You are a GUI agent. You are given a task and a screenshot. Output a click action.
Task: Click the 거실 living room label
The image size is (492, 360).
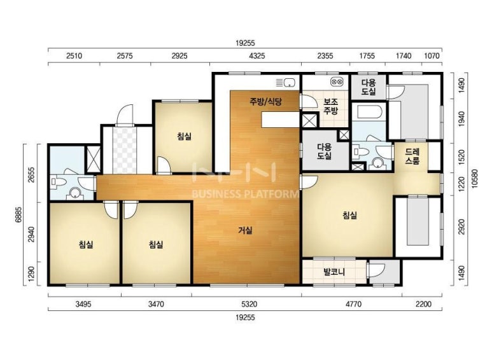click(245, 230)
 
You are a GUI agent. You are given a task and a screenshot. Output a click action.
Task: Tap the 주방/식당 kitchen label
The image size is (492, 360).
click(266, 101)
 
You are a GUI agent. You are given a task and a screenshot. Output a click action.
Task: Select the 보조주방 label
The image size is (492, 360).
click(330, 107)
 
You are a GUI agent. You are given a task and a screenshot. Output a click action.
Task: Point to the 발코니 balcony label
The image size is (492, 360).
click(334, 272)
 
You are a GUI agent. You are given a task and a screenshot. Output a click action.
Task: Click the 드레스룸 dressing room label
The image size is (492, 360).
click(412, 156)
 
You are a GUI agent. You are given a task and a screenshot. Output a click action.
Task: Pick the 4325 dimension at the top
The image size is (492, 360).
click(257, 56)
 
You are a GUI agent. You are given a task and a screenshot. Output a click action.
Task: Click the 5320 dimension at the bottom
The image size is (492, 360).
click(250, 304)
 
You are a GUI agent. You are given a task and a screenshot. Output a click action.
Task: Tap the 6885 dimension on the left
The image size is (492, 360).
click(18, 214)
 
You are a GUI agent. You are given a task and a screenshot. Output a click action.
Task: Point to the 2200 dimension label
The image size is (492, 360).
click(423, 304)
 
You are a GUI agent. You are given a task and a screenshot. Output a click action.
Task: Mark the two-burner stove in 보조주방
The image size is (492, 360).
click(337, 82)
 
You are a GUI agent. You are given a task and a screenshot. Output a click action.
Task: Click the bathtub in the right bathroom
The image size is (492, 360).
click(369, 112)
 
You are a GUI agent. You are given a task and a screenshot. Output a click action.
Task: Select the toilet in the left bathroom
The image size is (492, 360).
click(57, 182)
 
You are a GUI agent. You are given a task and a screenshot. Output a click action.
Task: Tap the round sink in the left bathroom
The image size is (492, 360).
click(75, 193)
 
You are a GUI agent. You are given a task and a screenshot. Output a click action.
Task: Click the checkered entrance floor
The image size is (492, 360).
click(125, 149)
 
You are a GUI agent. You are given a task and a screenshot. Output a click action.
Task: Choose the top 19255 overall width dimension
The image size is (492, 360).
click(246, 43)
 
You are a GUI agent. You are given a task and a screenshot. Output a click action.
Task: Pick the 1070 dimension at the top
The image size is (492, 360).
click(432, 56)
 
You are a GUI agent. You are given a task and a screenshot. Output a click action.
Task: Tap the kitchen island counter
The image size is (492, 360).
click(279, 120)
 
